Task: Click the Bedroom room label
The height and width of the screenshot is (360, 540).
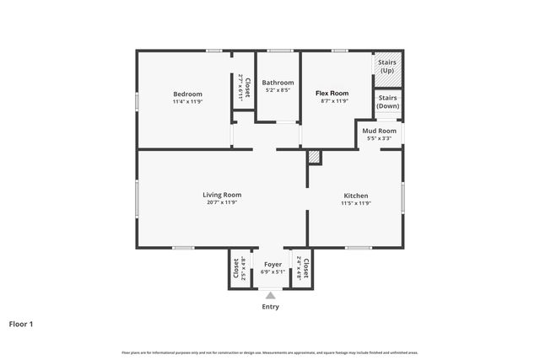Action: point(187,94)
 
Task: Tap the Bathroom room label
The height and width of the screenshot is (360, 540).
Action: point(278,83)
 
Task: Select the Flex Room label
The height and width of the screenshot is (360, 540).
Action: point(332,93)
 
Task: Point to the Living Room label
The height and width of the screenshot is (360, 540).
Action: point(222,195)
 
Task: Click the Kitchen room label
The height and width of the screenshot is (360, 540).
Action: point(355,196)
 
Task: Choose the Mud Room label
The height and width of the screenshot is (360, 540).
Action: point(379,132)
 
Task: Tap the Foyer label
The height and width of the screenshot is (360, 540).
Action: point(273,265)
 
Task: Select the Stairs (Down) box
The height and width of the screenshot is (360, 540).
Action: point(387,103)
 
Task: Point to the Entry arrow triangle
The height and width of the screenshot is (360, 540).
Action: point(270,295)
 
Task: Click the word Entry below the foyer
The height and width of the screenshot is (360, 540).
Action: point(270,307)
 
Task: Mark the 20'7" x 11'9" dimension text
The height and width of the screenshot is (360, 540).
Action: point(222,202)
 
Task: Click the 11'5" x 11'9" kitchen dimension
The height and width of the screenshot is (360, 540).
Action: point(355,203)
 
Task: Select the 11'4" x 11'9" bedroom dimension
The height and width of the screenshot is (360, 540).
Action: point(187,101)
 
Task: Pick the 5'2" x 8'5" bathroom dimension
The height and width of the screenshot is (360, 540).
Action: point(278,90)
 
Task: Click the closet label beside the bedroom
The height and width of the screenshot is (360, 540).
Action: point(244,88)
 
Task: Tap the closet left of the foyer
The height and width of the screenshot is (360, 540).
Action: point(239,269)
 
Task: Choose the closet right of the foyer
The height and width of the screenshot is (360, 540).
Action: point(303,269)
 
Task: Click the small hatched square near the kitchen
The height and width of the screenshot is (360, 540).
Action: point(314,157)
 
